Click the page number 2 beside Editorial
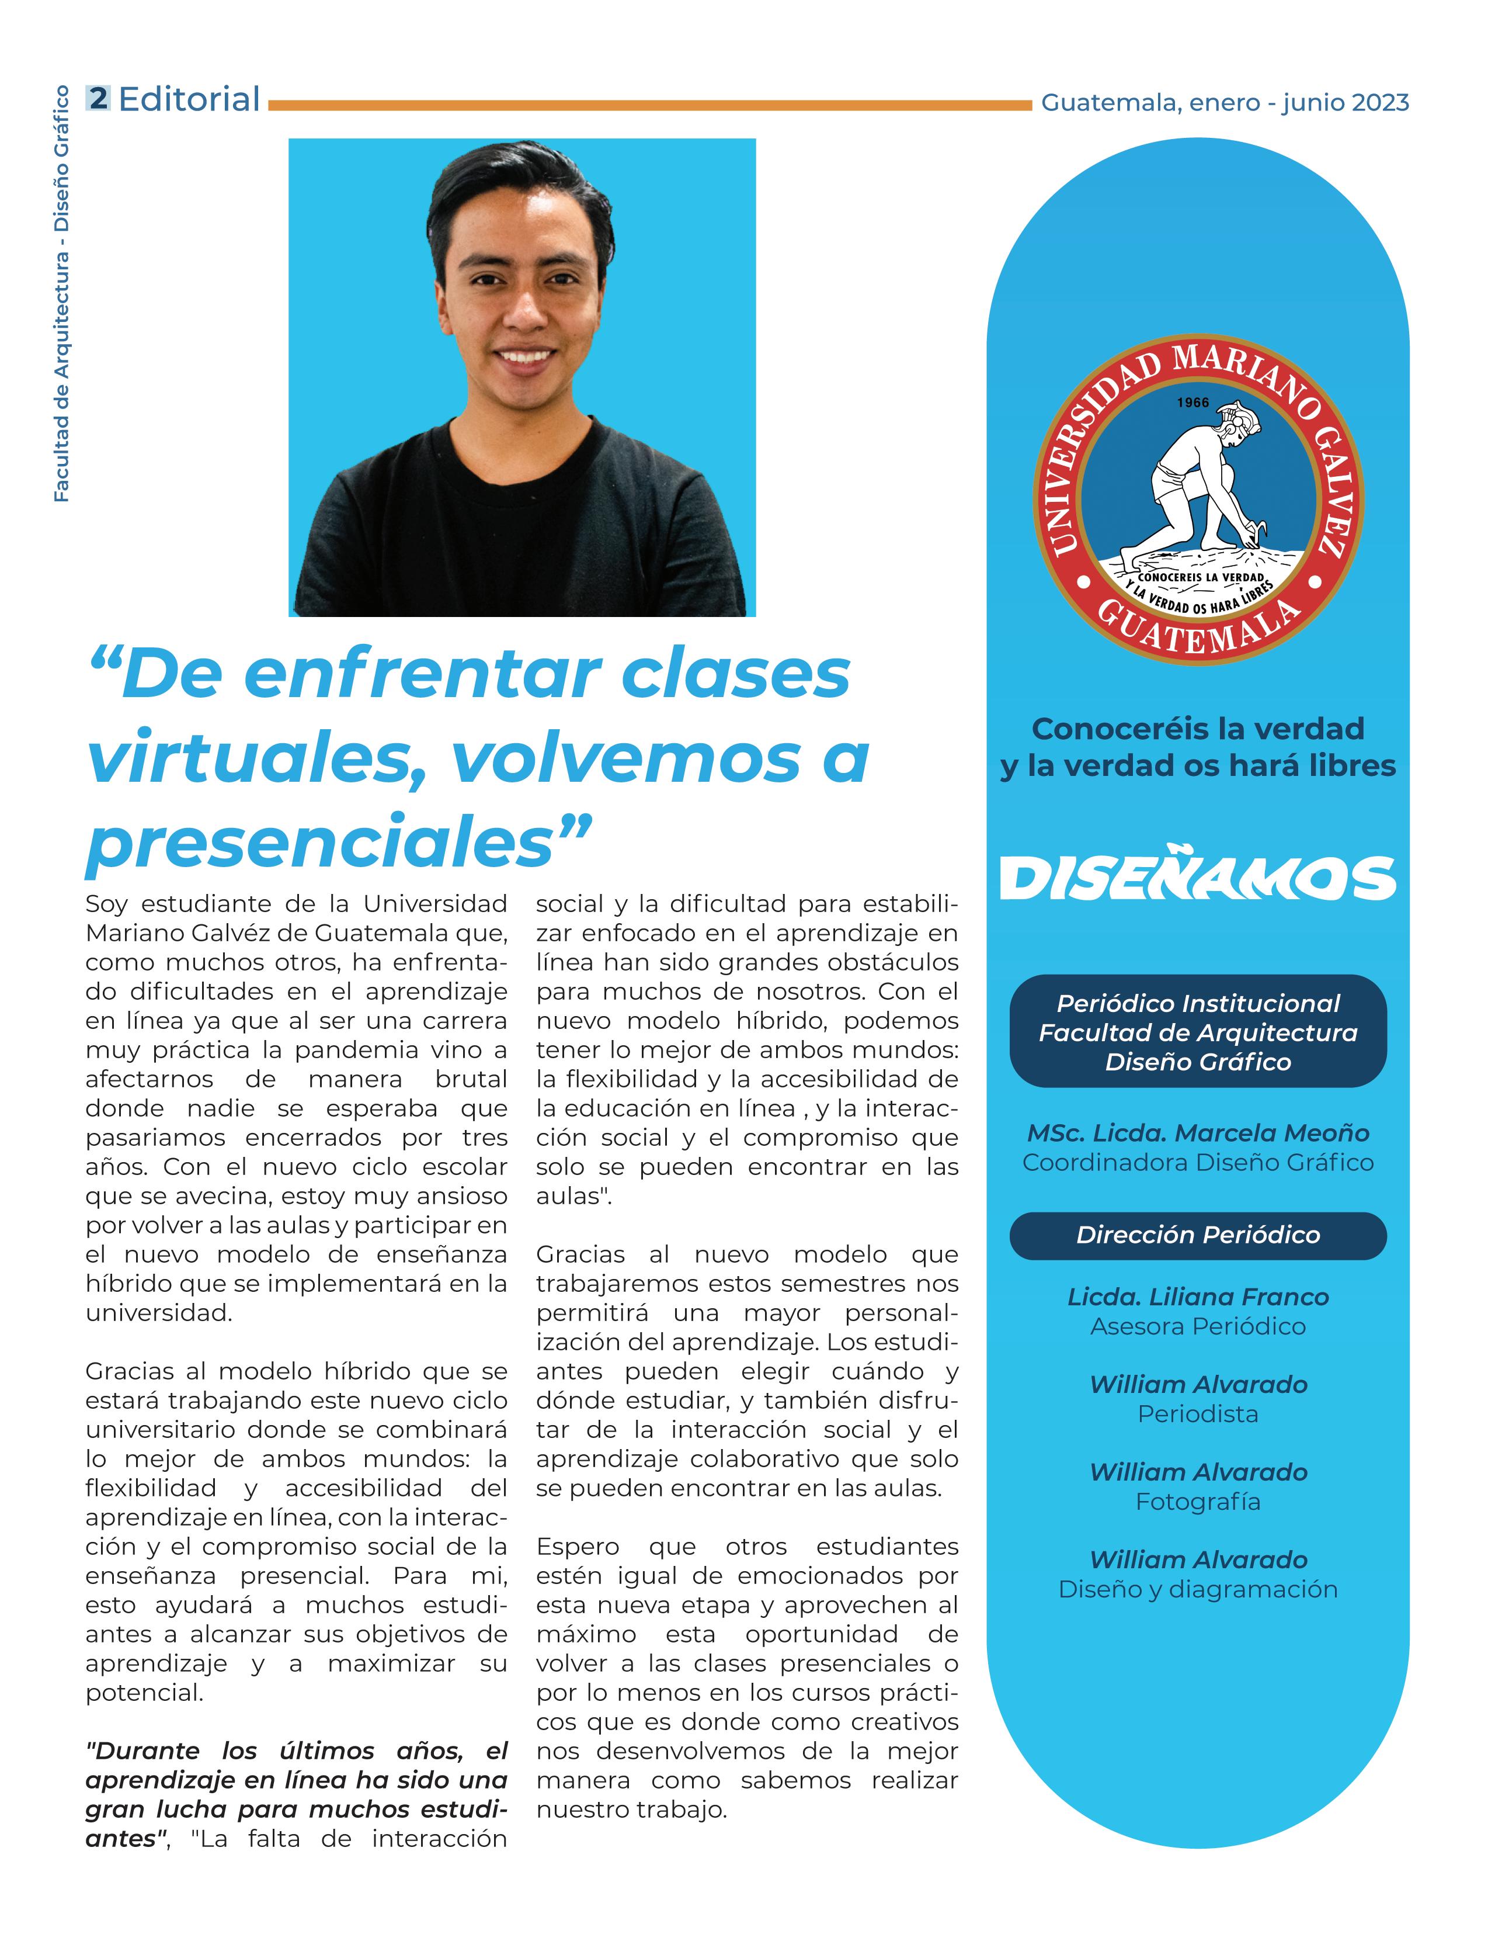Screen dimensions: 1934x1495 [98, 98]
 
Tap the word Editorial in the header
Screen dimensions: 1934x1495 [189, 99]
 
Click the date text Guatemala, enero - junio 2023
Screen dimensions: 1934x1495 [1224, 103]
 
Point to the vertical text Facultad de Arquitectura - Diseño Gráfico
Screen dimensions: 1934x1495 [61, 294]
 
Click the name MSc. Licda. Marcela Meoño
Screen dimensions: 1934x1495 [1198, 1132]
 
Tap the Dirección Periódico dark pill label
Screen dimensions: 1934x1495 [1198, 1235]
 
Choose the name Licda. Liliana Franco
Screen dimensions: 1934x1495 [1198, 1297]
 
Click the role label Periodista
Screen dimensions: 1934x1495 [1198, 1413]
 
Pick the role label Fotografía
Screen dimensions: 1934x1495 [1198, 1501]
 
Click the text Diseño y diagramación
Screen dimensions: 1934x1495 [1198, 1589]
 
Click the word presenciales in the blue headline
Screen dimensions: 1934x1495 [321, 841]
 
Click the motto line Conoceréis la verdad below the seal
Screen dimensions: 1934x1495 [1198, 729]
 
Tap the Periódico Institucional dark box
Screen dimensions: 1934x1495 [1198, 1032]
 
